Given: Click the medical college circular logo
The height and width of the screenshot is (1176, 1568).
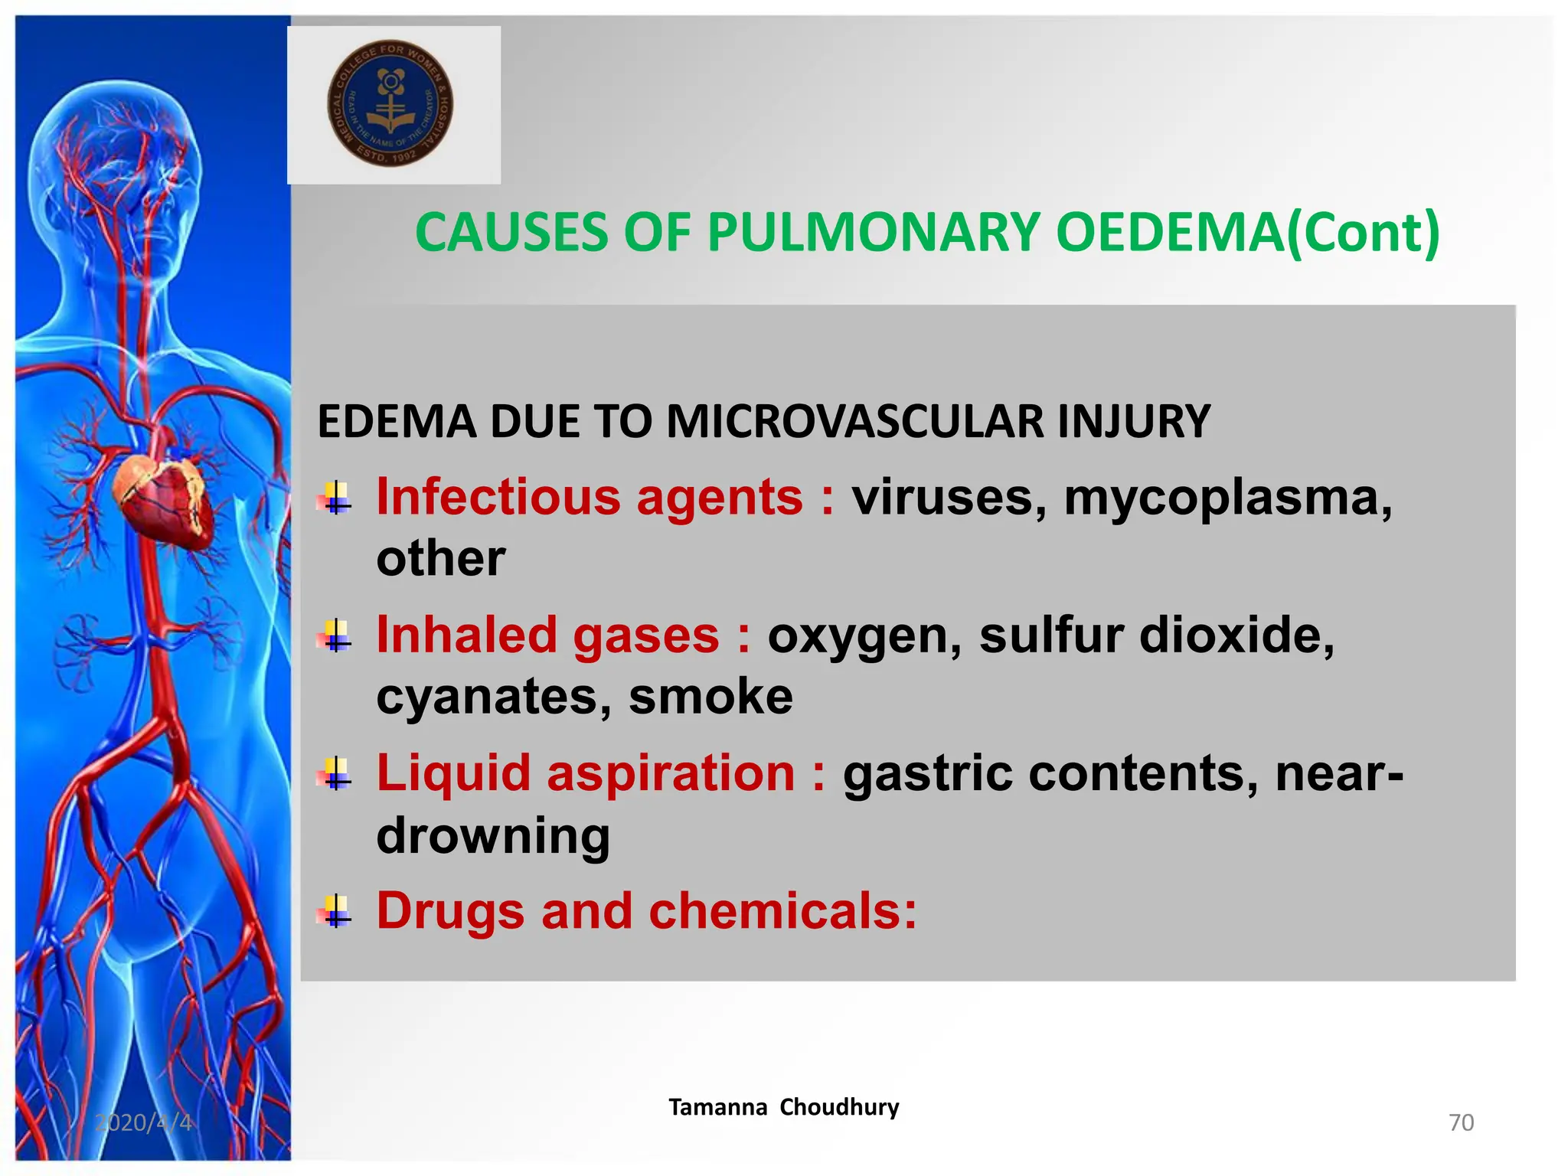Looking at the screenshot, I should pos(390,103).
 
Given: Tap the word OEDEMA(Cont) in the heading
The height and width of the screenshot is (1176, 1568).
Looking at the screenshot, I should pos(1247,232).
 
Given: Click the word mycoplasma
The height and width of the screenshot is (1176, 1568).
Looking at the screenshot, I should pos(1227,498).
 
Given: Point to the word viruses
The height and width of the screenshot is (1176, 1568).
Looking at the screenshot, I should pos(949,498).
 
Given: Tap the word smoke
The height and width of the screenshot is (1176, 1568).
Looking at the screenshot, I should pos(710,697).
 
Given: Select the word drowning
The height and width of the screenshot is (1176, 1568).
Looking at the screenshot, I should pos(493,835).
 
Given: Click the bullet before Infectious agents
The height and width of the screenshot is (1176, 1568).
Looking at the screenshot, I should pos(335,498).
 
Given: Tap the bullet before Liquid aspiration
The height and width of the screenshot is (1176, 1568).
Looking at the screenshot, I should pos(335,774).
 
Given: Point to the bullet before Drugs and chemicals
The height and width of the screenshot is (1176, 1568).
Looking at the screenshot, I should pos(335,912).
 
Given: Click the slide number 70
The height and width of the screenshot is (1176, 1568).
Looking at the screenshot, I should pos(1461,1122).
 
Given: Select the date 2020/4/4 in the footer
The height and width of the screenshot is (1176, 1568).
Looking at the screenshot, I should pos(143,1122).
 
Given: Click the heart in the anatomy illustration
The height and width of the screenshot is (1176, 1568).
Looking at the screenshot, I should pos(162,498).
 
